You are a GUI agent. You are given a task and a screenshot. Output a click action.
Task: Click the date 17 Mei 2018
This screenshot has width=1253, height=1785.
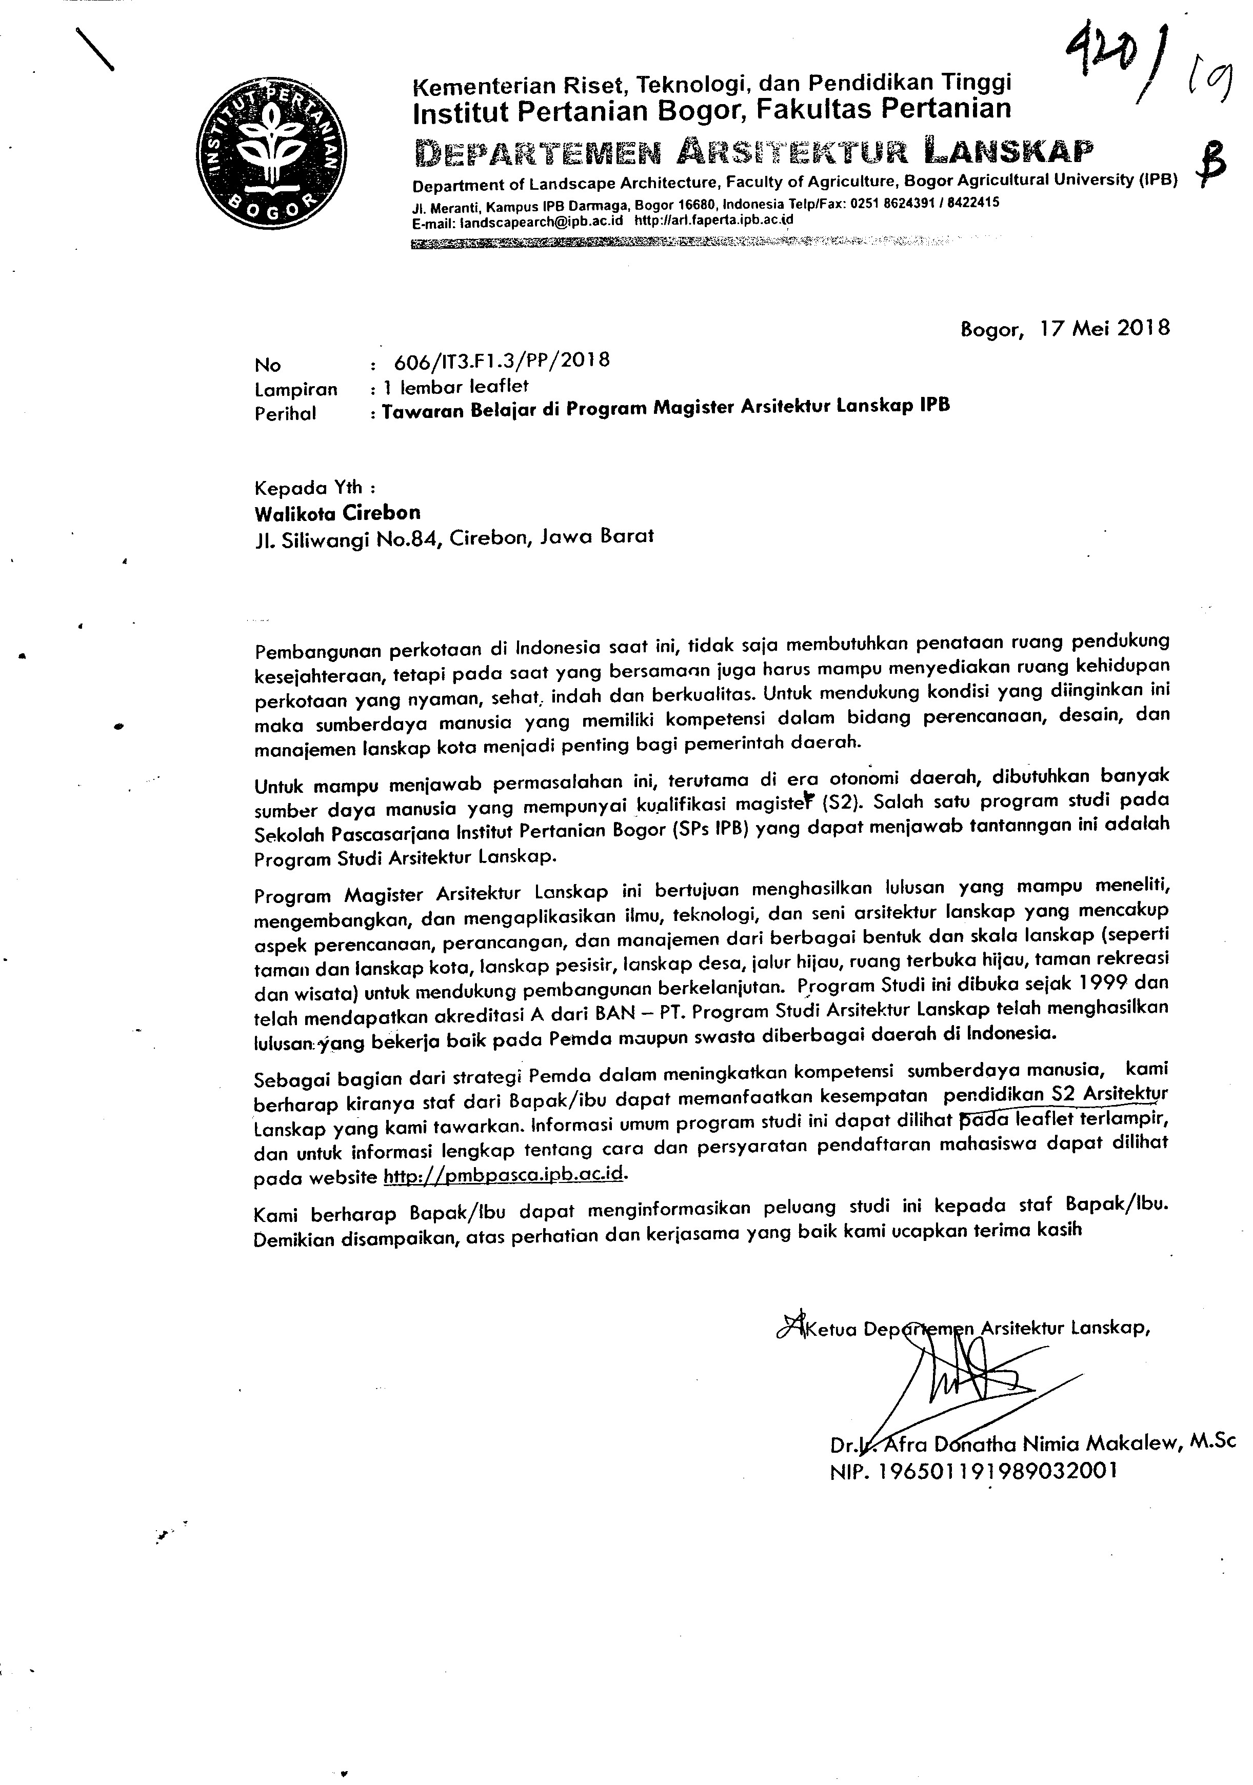click(x=1104, y=328)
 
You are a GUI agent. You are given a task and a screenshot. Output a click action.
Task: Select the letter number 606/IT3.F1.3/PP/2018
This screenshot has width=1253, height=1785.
click(x=502, y=360)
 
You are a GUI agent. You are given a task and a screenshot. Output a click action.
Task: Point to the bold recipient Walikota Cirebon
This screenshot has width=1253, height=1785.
click(x=337, y=512)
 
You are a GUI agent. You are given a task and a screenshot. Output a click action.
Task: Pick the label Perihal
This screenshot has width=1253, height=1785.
click(x=286, y=414)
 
